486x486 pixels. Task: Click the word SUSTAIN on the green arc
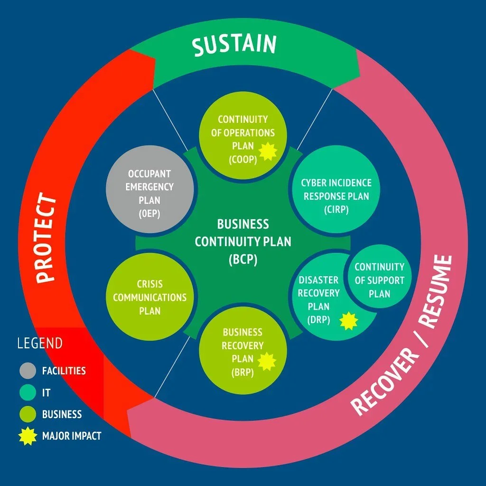tap(234, 45)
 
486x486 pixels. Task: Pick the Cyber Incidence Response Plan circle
tap(336, 190)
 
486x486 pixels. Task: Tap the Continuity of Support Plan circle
tap(379, 280)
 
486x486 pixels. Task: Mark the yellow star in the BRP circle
tap(267, 361)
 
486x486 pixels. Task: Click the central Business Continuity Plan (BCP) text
tap(243, 242)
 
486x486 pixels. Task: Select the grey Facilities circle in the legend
tap(28, 371)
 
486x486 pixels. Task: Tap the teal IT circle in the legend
tap(28, 393)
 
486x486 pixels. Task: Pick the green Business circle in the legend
tap(28, 414)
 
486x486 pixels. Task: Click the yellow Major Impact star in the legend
tap(28, 436)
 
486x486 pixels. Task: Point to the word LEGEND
tap(39, 343)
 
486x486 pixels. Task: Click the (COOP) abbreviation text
tap(243, 159)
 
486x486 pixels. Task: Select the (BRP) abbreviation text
tap(243, 373)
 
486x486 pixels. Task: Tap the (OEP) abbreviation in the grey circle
tap(150, 214)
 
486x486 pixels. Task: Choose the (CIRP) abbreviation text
tap(336, 209)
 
